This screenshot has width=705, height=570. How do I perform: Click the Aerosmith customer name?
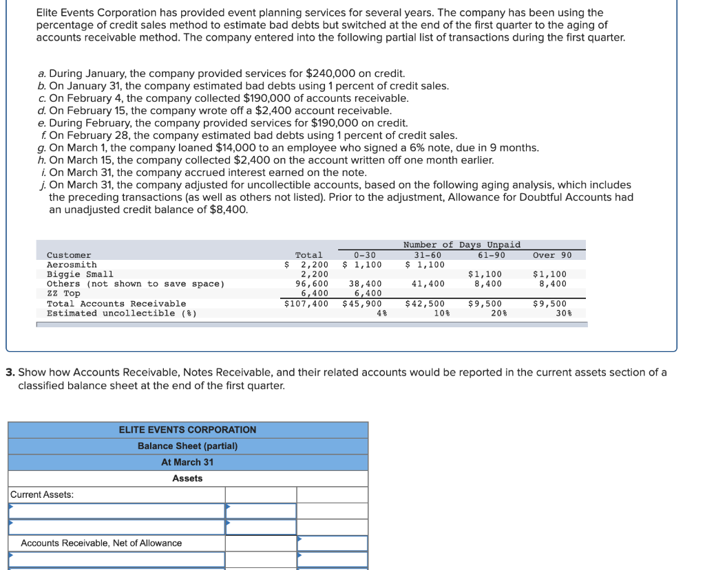click(x=72, y=265)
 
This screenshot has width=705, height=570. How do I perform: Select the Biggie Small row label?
click(x=80, y=274)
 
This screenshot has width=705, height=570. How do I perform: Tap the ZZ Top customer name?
click(x=63, y=294)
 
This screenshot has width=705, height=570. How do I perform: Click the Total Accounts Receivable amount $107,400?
click(x=306, y=303)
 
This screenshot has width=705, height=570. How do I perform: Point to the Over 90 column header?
click(x=552, y=255)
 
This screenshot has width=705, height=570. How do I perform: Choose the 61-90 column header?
click(x=490, y=255)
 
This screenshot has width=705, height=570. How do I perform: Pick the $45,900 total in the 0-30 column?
click(x=363, y=303)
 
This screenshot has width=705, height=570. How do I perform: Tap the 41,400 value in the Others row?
click(x=428, y=283)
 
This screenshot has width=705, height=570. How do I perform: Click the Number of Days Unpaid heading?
click(x=461, y=245)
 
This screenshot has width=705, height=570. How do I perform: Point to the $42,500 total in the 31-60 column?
click(x=425, y=303)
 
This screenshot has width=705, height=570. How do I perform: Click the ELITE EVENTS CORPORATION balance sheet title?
click(x=187, y=430)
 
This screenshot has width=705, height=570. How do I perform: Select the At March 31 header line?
click(x=187, y=462)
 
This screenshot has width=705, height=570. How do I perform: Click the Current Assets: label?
click(x=43, y=494)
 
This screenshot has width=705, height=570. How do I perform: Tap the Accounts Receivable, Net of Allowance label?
click(x=101, y=543)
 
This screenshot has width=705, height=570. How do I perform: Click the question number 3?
click(x=10, y=373)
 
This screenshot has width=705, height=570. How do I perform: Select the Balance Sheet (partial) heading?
click(x=187, y=446)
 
